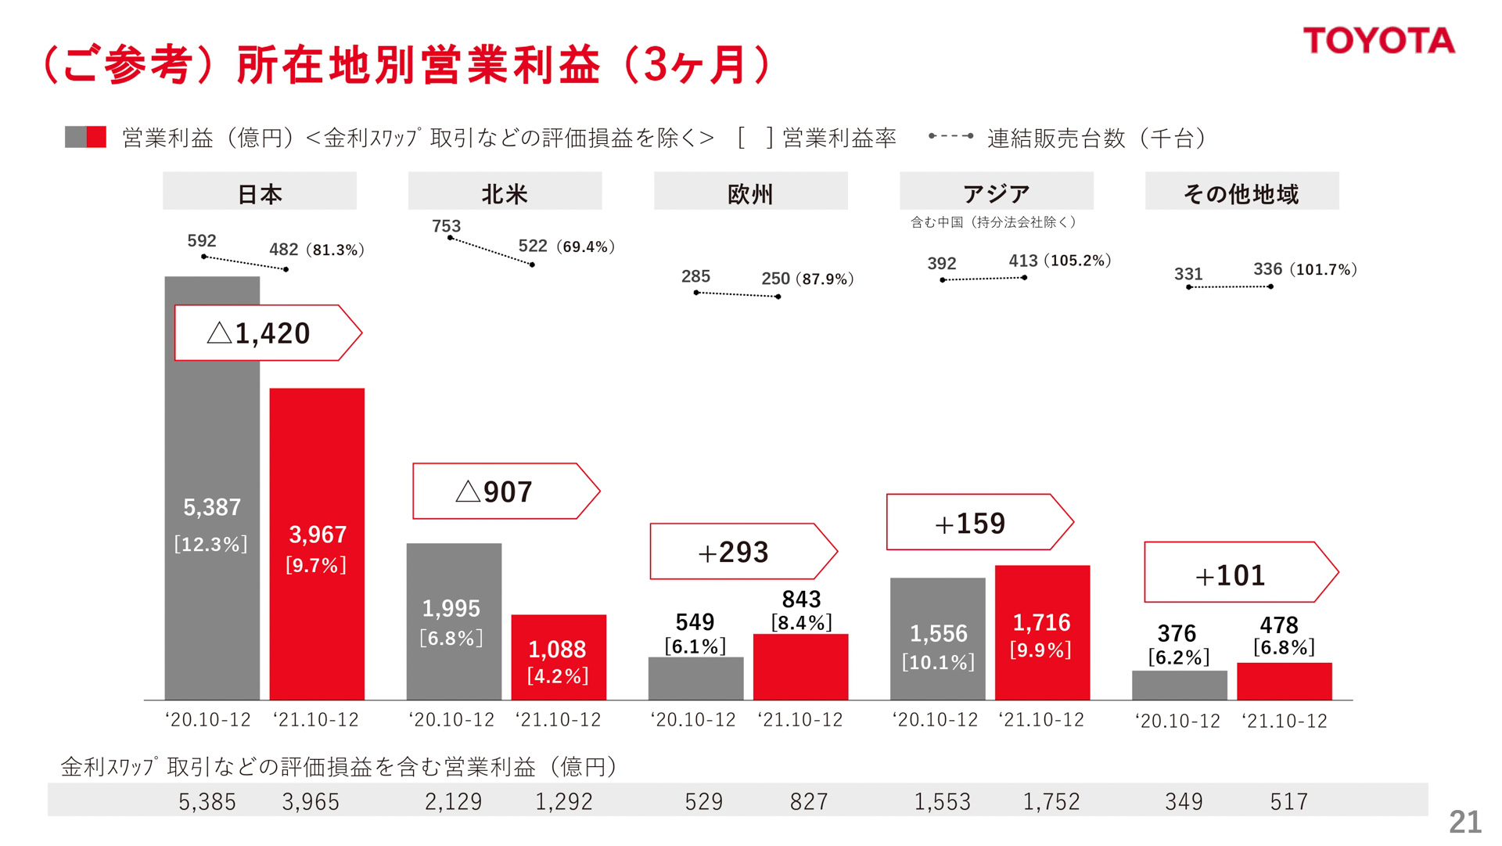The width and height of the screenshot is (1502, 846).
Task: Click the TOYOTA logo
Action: pos(1378,41)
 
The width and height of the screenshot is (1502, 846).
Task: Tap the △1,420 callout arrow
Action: pos(267,333)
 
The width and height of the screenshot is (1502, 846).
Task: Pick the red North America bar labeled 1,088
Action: pos(559,657)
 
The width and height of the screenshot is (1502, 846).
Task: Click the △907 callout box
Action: pos(505,491)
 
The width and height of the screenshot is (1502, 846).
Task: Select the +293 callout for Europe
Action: pos(742,552)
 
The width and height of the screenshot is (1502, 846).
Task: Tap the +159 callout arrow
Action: pos(978,523)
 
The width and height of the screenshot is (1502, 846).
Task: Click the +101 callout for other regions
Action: pos(1239,573)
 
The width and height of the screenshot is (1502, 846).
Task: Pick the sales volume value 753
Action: pos(446,226)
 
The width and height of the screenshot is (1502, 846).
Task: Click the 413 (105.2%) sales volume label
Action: pos(1059,261)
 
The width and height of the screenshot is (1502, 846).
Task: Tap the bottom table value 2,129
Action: pos(453,801)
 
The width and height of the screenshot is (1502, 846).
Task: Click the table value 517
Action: pos(1288,801)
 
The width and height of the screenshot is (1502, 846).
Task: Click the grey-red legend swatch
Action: pos(85,137)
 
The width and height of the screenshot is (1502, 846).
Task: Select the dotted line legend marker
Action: pos(950,136)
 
